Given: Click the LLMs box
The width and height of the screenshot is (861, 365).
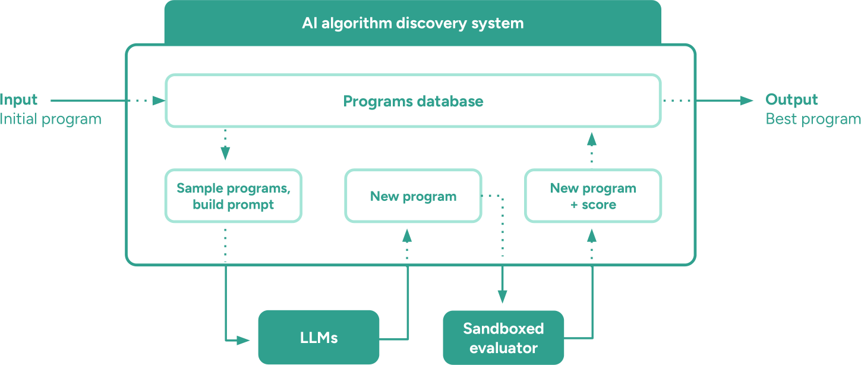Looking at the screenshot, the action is coord(318,337).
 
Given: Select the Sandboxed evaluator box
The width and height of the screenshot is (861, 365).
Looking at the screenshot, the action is coord(503,338).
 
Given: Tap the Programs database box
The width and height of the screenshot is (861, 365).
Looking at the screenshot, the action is coord(413,101).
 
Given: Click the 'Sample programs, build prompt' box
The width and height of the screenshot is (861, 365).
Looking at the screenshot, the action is coord(234,196).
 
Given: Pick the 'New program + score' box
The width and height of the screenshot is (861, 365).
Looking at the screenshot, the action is coord(593,196).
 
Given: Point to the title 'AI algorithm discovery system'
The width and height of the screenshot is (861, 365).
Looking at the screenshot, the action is coord(413,23).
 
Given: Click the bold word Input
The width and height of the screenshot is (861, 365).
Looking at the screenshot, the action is coord(18,100).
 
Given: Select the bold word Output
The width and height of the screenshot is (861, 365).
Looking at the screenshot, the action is coord(791,100).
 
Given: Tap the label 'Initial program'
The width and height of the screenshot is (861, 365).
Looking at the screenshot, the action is coord(51,119).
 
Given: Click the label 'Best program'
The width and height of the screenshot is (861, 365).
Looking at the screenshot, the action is coord(813,119).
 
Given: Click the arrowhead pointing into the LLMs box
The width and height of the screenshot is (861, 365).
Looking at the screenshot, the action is coord(243,341).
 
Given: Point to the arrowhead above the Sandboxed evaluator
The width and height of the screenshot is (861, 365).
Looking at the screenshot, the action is coord(502,297).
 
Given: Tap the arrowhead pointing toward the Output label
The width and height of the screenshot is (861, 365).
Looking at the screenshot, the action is coord(746,100).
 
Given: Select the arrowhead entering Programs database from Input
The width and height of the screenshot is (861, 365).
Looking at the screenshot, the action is coord(159,101).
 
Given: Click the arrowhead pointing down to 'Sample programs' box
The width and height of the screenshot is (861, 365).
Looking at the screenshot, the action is coord(225,153).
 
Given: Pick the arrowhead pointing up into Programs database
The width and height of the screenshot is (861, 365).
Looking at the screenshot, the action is coord(592,139).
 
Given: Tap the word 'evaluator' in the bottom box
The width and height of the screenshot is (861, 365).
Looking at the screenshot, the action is coord(503,348).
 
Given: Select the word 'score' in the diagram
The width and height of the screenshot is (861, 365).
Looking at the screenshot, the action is coord(599,204).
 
